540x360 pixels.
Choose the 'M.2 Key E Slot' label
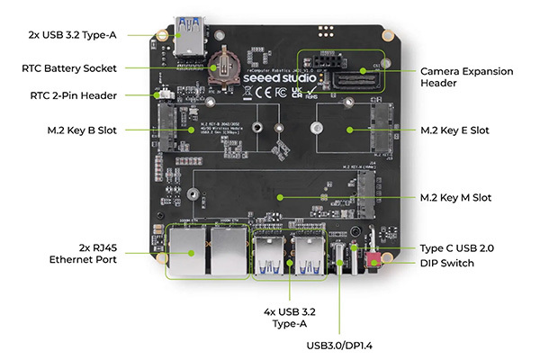pyautogui.click(x=454, y=130)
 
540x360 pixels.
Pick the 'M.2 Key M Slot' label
pyautogui.click(x=455, y=197)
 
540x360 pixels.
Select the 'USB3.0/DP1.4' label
pyautogui.click(x=340, y=344)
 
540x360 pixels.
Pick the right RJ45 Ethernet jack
pyautogui.click(x=226, y=250)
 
